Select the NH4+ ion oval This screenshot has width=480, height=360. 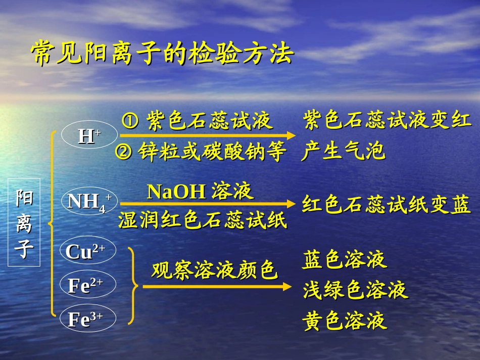pos(89,201)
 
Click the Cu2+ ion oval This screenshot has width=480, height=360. pos(85,251)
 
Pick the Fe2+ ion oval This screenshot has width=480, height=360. pos(85,285)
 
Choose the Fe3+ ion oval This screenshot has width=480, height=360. pos(85,319)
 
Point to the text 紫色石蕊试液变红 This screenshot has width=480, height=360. pos(387,121)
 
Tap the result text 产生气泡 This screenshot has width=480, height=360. pos(344,151)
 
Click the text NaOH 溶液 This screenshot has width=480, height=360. pos(200,192)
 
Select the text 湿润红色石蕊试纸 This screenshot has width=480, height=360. pos(203,221)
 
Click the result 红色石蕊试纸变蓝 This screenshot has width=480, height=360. pos(387,205)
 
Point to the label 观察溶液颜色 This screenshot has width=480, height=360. pos(215,271)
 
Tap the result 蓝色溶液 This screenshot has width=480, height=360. pos(345,260)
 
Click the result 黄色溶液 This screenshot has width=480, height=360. pos(345,321)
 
